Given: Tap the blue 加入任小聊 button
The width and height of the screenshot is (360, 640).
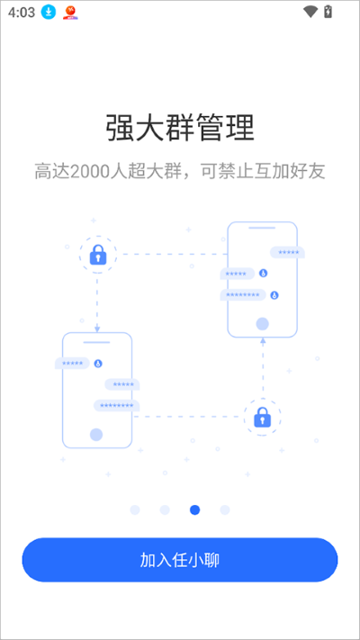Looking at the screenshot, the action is (x=180, y=560).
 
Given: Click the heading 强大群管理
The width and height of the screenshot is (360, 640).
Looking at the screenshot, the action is (x=180, y=128).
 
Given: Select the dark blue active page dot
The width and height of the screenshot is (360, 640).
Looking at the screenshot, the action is (x=194, y=509).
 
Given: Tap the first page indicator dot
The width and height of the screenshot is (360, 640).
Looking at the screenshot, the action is (x=135, y=509).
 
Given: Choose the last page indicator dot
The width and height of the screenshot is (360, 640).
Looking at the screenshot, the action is (x=225, y=509).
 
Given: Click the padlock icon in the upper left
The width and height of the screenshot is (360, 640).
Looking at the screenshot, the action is (x=98, y=255).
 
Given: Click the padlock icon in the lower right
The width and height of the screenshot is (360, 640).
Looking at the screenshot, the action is (x=262, y=417).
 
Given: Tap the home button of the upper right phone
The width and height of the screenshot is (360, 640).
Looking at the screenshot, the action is (x=262, y=324).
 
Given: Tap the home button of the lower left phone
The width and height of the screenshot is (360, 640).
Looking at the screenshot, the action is (x=96, y=435).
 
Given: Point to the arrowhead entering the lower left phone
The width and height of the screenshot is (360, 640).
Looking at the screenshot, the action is (x=97, y=329).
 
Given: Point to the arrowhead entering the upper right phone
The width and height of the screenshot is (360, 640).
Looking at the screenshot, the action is (x=263, y=340).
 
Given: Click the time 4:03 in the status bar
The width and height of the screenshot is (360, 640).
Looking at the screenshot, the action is (x=22, y=13).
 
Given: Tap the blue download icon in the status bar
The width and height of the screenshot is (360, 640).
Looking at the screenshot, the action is (x=49, y=13).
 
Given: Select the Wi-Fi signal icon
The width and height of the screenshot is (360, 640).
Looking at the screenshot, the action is (x=310, y=12).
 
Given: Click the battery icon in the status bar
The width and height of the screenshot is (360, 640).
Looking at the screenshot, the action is (x=328, y=12).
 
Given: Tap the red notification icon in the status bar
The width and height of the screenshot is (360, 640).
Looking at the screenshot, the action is (x=70, y=13).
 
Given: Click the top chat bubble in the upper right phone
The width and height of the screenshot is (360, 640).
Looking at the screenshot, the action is (x=287, y=252).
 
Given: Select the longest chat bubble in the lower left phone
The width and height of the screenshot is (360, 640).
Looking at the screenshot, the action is (x=117, y=405).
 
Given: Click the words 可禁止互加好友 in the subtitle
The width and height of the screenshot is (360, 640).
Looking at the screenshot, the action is (x=263, y=172).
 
